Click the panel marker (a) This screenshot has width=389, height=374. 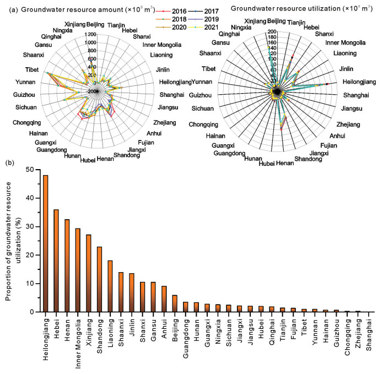click(x=9, y=9)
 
